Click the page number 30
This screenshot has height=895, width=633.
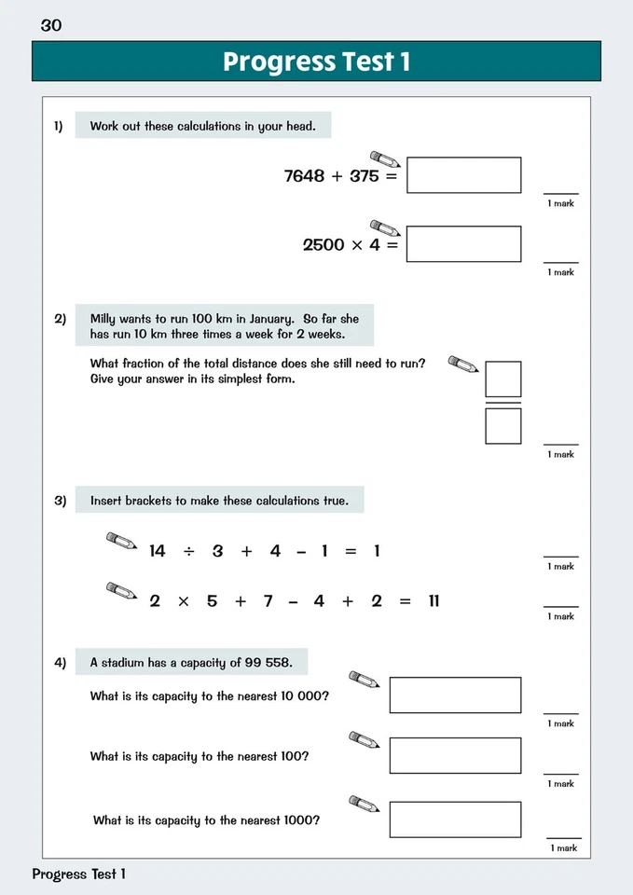(x=51, y=25)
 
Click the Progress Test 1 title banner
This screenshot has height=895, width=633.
(x=316, y=62)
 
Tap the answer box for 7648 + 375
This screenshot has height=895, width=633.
(x=463, y=175)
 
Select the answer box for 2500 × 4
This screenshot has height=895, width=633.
(x=463, y=244)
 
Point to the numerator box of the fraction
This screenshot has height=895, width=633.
(x=503, y=379)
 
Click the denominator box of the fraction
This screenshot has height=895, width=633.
(x=503, y=426)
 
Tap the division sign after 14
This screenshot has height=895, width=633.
(x=188, y=551)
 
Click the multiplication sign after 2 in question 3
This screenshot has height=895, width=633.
(x=183, y=601)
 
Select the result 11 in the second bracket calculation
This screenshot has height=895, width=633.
(x=433, y=601)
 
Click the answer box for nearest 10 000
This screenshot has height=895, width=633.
(x=455, y=695)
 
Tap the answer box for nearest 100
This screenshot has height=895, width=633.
(x=455, y=755)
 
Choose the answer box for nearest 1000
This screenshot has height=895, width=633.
(x=455, y=819)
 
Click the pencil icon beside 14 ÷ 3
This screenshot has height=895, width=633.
(x=121, y=541)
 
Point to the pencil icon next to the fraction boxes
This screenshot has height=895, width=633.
(x=462, y=364)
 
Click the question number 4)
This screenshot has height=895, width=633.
(x=60, y=663)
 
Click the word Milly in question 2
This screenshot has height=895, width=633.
(x=106, y=319)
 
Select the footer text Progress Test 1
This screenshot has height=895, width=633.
(x=78, y=874)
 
